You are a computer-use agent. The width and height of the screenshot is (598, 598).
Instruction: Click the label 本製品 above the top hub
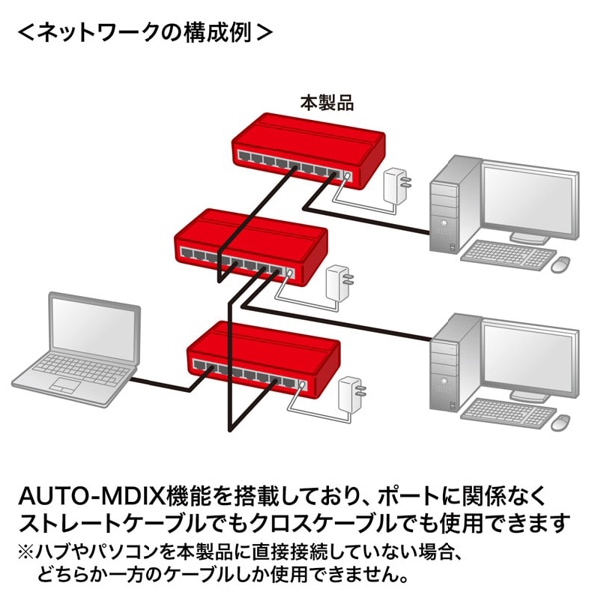327,102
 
